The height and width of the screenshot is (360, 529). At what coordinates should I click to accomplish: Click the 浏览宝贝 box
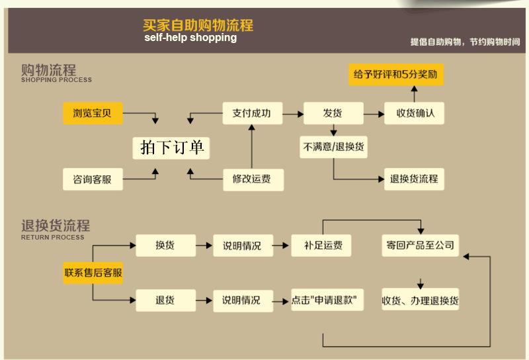[93, 113]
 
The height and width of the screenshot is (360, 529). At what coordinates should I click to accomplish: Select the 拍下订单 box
[171, 148]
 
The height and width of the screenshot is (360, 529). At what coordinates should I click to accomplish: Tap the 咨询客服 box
[93, 179]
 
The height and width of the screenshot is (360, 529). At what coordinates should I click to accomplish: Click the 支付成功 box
[253, 113]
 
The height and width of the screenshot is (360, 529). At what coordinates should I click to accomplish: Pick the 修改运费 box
[253, 179]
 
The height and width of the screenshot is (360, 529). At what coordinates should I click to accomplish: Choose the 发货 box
[333, 113]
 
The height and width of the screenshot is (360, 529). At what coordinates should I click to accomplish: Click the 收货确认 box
[414, 113]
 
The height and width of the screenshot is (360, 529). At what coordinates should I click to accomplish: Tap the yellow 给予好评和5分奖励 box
[396, 74]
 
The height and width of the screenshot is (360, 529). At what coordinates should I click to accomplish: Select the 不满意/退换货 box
[333, 147]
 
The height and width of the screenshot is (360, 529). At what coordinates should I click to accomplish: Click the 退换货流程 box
[414, 179]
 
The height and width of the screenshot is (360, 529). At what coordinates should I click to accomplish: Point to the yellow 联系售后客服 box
[93, 273]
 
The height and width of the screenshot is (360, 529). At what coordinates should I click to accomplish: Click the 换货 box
[166, 245]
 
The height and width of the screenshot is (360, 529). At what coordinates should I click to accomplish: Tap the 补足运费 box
[321, 245]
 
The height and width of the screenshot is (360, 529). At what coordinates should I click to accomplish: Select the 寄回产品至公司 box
[420, 245]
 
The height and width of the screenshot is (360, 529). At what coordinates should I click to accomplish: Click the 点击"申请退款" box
[327, 300]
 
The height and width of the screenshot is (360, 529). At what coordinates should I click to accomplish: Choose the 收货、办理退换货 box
[420, 300]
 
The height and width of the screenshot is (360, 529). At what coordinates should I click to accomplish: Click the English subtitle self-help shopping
[190, 38]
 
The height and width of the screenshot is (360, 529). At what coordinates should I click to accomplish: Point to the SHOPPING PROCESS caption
[56, 80]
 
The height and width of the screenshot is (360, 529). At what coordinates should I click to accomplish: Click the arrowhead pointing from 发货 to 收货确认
[382, 114]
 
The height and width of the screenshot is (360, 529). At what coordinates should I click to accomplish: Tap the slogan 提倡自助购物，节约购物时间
[465, 42]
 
